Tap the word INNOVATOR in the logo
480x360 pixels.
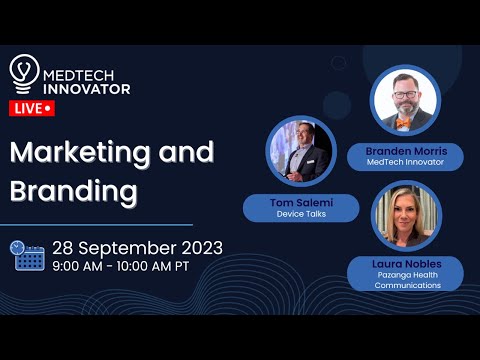click(x=86, y=88)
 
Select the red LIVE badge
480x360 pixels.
click(x=32, y=107)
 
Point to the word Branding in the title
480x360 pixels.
click(x=74, y=190)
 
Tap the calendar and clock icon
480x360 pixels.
click(x=27, y=255)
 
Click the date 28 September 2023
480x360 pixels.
click(x=137, y=247)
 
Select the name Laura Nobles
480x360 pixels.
click(x=407, y=262)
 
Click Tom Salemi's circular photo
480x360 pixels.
click(x=301, y=153)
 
